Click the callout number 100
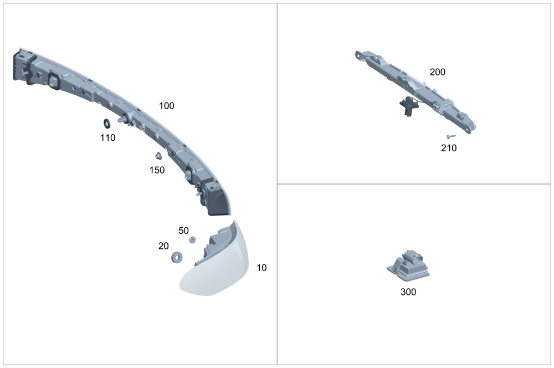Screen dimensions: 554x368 tap(166, 106)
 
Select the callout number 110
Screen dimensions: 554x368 tap(107, 137)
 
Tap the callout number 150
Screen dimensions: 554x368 tap(157, 170)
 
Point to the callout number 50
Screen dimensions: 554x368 tap(183, 231)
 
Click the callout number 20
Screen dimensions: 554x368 tap(163, 246)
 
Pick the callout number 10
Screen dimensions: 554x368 tap(261, 268)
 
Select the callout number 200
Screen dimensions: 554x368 tap(438, 71)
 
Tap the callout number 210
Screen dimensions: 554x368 tap(448, 148)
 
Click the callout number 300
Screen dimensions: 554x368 tap(408, 292)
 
